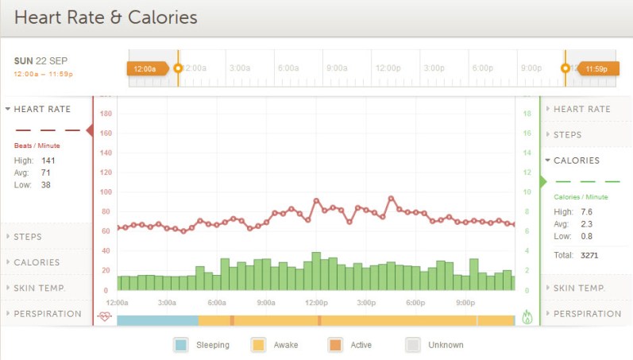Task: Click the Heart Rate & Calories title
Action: [x=106, y=17]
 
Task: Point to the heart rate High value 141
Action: [x=48, y=161]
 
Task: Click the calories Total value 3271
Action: [x=590, y=256]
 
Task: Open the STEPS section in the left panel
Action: [x=28, y=237]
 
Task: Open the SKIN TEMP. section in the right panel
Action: [x=579, y=288]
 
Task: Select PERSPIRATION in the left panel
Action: [x=47, y=313]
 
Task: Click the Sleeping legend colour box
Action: [x=181, y=345]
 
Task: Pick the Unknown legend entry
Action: [x=434, y=345]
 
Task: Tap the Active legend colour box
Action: [x=335, y=345]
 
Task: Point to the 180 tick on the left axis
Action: [x=106, y=114]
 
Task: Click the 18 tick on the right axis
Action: [x=526, y=114]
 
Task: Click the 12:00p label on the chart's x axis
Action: [x=316, y=303]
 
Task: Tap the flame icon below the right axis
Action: [x=527, y=316]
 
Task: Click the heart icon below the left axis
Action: [x=105, y=316]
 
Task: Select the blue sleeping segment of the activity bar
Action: [x=157, y=320]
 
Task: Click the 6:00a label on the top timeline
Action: [x=288, y=68]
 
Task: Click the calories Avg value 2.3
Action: [x=587, y=224]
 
